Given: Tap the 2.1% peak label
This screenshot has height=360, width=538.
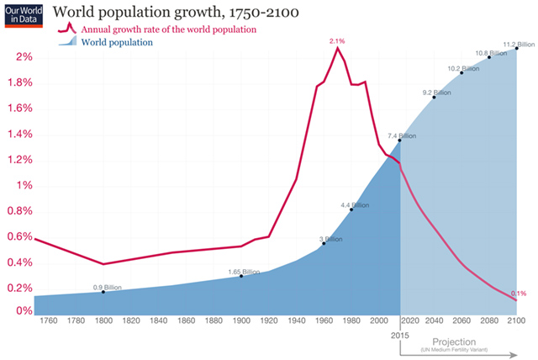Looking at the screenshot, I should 338,40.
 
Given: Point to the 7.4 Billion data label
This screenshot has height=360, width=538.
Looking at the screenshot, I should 402,135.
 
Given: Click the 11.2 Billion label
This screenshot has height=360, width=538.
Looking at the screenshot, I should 518,44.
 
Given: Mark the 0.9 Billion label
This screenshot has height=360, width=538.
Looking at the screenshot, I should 108,288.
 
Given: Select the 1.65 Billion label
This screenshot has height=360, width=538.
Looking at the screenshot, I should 244,272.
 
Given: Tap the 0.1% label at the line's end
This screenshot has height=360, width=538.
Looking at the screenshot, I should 518,294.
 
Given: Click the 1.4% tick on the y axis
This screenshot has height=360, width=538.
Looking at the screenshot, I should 17,134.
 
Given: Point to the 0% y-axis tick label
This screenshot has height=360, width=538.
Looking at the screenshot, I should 20,311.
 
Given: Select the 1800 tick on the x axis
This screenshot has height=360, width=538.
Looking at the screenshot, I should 103,322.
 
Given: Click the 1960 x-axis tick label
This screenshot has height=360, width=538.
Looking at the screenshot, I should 324,322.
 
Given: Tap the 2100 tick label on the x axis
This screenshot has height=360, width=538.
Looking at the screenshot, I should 516,322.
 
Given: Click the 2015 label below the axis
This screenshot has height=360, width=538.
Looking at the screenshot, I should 399,335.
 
